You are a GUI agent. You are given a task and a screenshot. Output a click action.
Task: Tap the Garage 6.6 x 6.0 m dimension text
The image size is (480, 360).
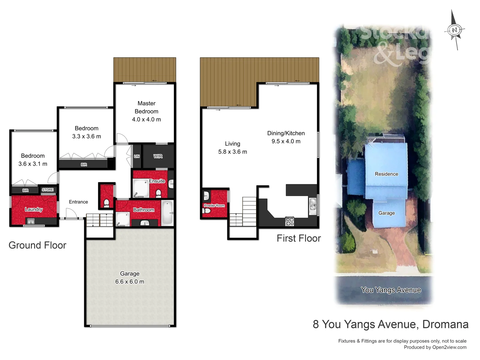(130, 282)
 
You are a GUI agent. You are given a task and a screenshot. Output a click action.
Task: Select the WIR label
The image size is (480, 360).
(158, 156)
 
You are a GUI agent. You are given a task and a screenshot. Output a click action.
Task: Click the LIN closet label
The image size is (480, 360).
(137, 156)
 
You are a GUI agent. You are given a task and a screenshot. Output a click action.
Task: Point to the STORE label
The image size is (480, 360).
(48, 190)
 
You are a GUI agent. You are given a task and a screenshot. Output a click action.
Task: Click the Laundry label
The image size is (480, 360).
(34, 209)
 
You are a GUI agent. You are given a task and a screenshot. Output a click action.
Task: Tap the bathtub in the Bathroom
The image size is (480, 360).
(167, 213)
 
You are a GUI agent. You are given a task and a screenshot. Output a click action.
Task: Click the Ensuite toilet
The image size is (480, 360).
(159, 193)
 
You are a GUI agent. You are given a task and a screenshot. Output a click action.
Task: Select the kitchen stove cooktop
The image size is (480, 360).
(290, 221)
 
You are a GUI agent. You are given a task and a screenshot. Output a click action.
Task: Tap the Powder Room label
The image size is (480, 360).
(214, 206)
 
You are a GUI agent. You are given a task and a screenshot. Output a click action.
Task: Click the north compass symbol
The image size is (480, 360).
(454, 30)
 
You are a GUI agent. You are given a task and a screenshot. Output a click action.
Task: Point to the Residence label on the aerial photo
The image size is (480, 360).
(386, 174)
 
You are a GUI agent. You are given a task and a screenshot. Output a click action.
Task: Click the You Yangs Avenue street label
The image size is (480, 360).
(391, 290)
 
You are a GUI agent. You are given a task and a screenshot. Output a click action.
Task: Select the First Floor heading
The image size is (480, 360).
(299, 238)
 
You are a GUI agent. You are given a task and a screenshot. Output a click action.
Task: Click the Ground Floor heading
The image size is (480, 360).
(37, 245)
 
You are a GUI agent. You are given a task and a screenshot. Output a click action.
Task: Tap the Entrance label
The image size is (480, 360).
(78, 202)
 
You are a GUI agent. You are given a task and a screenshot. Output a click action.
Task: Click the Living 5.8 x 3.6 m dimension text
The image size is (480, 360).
(233, 152)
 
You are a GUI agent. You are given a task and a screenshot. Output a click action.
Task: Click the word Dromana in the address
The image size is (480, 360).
(445, 324)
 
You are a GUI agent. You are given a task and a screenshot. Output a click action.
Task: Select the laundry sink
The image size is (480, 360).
(31, 221)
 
